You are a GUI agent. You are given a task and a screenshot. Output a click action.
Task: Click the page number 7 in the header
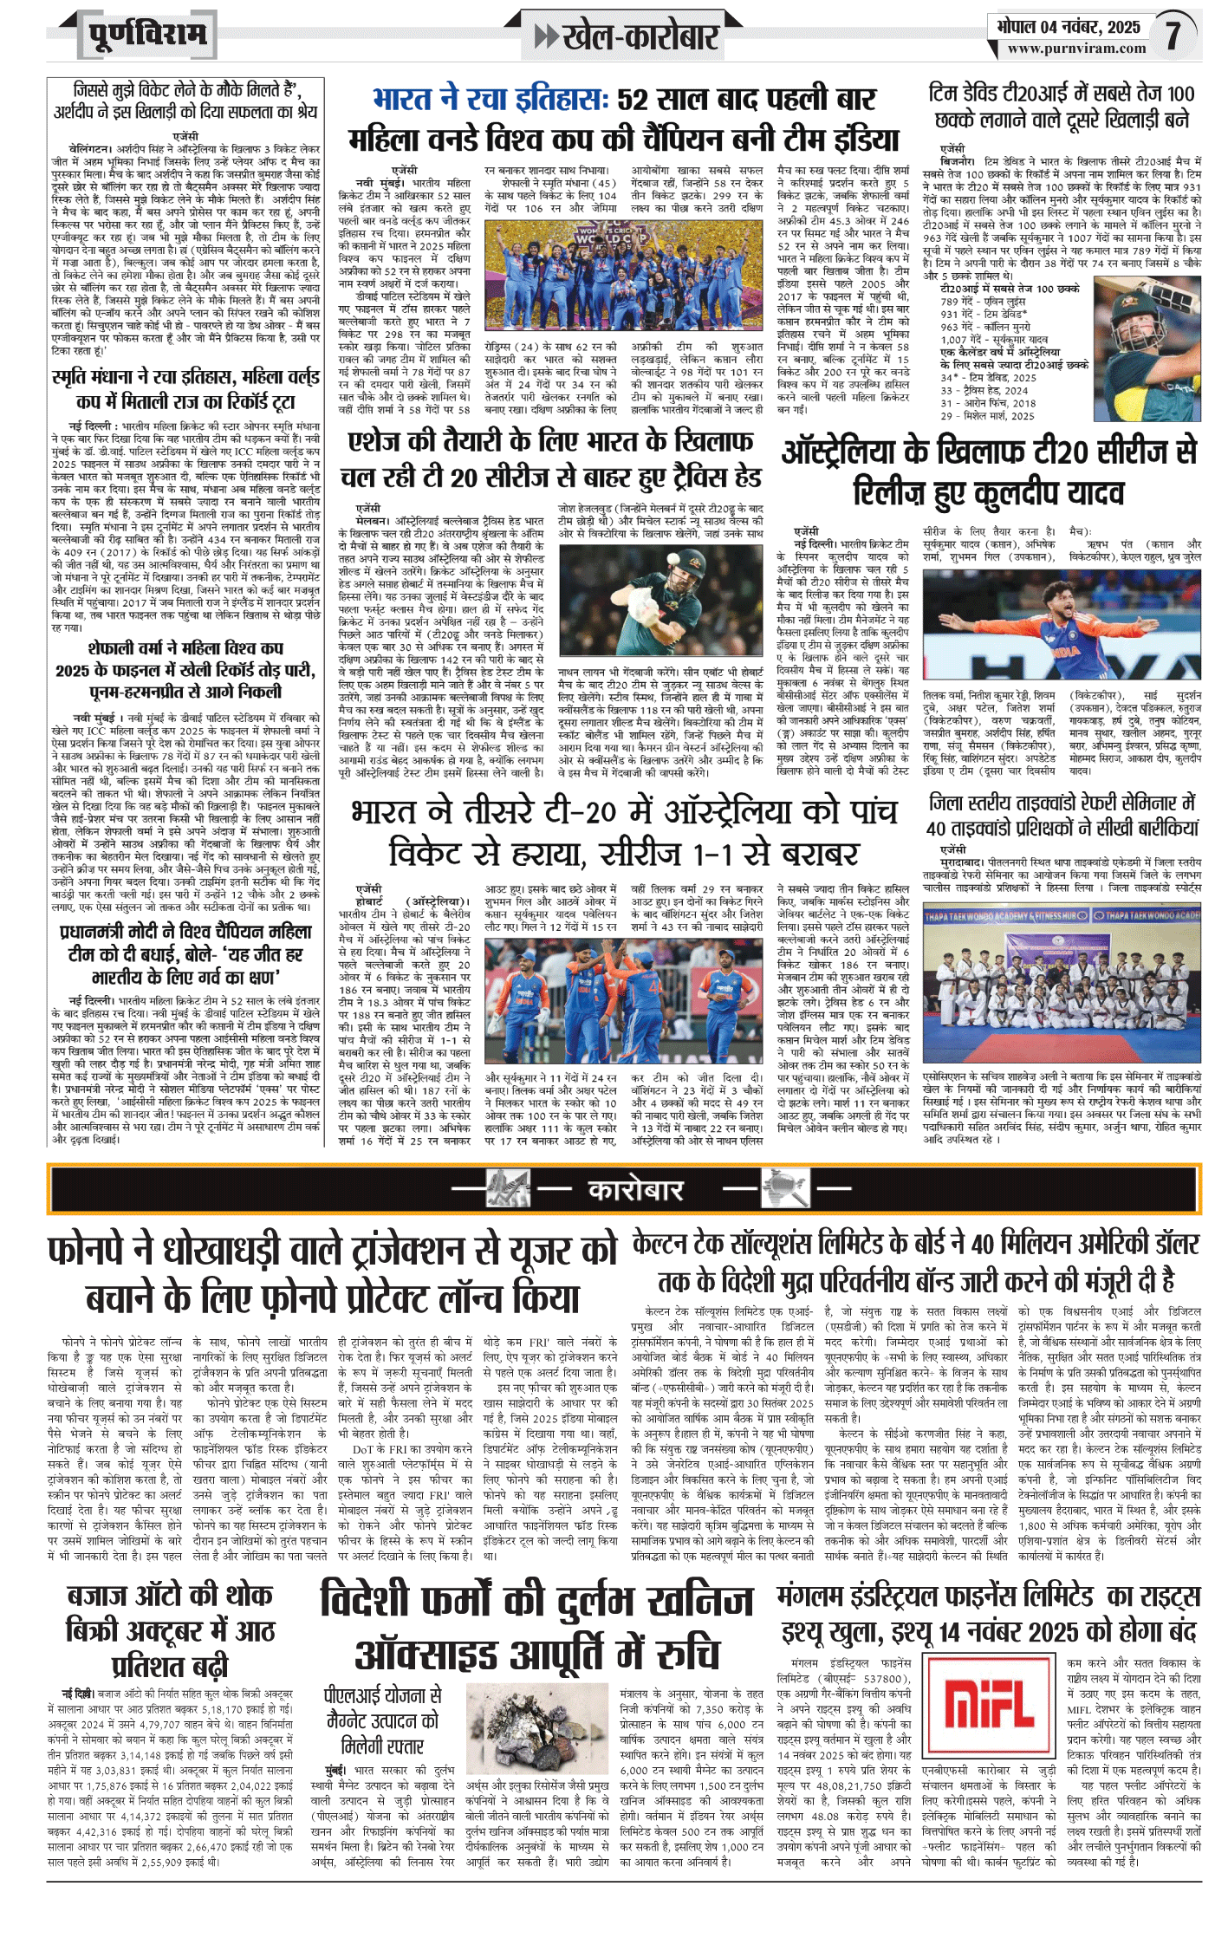[1173, 35]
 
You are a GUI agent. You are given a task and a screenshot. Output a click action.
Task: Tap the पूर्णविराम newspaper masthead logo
[147, 35]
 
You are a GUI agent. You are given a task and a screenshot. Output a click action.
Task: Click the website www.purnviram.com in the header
[1076, 49]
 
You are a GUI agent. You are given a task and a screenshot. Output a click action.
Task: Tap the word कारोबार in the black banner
[635, 1189]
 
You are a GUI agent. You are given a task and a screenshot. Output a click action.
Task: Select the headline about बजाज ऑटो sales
[169, 1631]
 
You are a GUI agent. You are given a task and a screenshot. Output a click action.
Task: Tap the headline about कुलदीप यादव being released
[988, 472]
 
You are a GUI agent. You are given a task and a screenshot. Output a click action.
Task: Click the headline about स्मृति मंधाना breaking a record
[185, 389]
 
